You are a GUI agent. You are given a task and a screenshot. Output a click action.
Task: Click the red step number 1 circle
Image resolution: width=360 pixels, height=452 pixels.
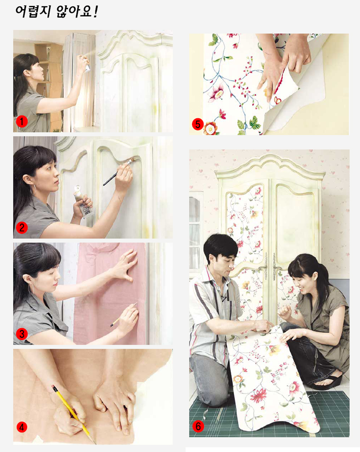pyautogui.click(x=22, y=121)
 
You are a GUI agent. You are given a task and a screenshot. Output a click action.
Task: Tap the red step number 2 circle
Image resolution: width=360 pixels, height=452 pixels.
pyautogui.click(x=22, y=228)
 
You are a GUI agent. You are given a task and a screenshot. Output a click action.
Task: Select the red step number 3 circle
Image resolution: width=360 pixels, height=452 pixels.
pyautogui.click(x=22, y=334)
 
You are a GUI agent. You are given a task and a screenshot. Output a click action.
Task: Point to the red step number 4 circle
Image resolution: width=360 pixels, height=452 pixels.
pyautogui.click(x=22, y=427)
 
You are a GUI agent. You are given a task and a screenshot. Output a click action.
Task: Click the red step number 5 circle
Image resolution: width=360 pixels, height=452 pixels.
pyautogui.click(x=198, y=125)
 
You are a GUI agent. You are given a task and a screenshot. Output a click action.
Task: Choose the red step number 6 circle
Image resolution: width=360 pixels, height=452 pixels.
pyautogui.click(x=198, y=426)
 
